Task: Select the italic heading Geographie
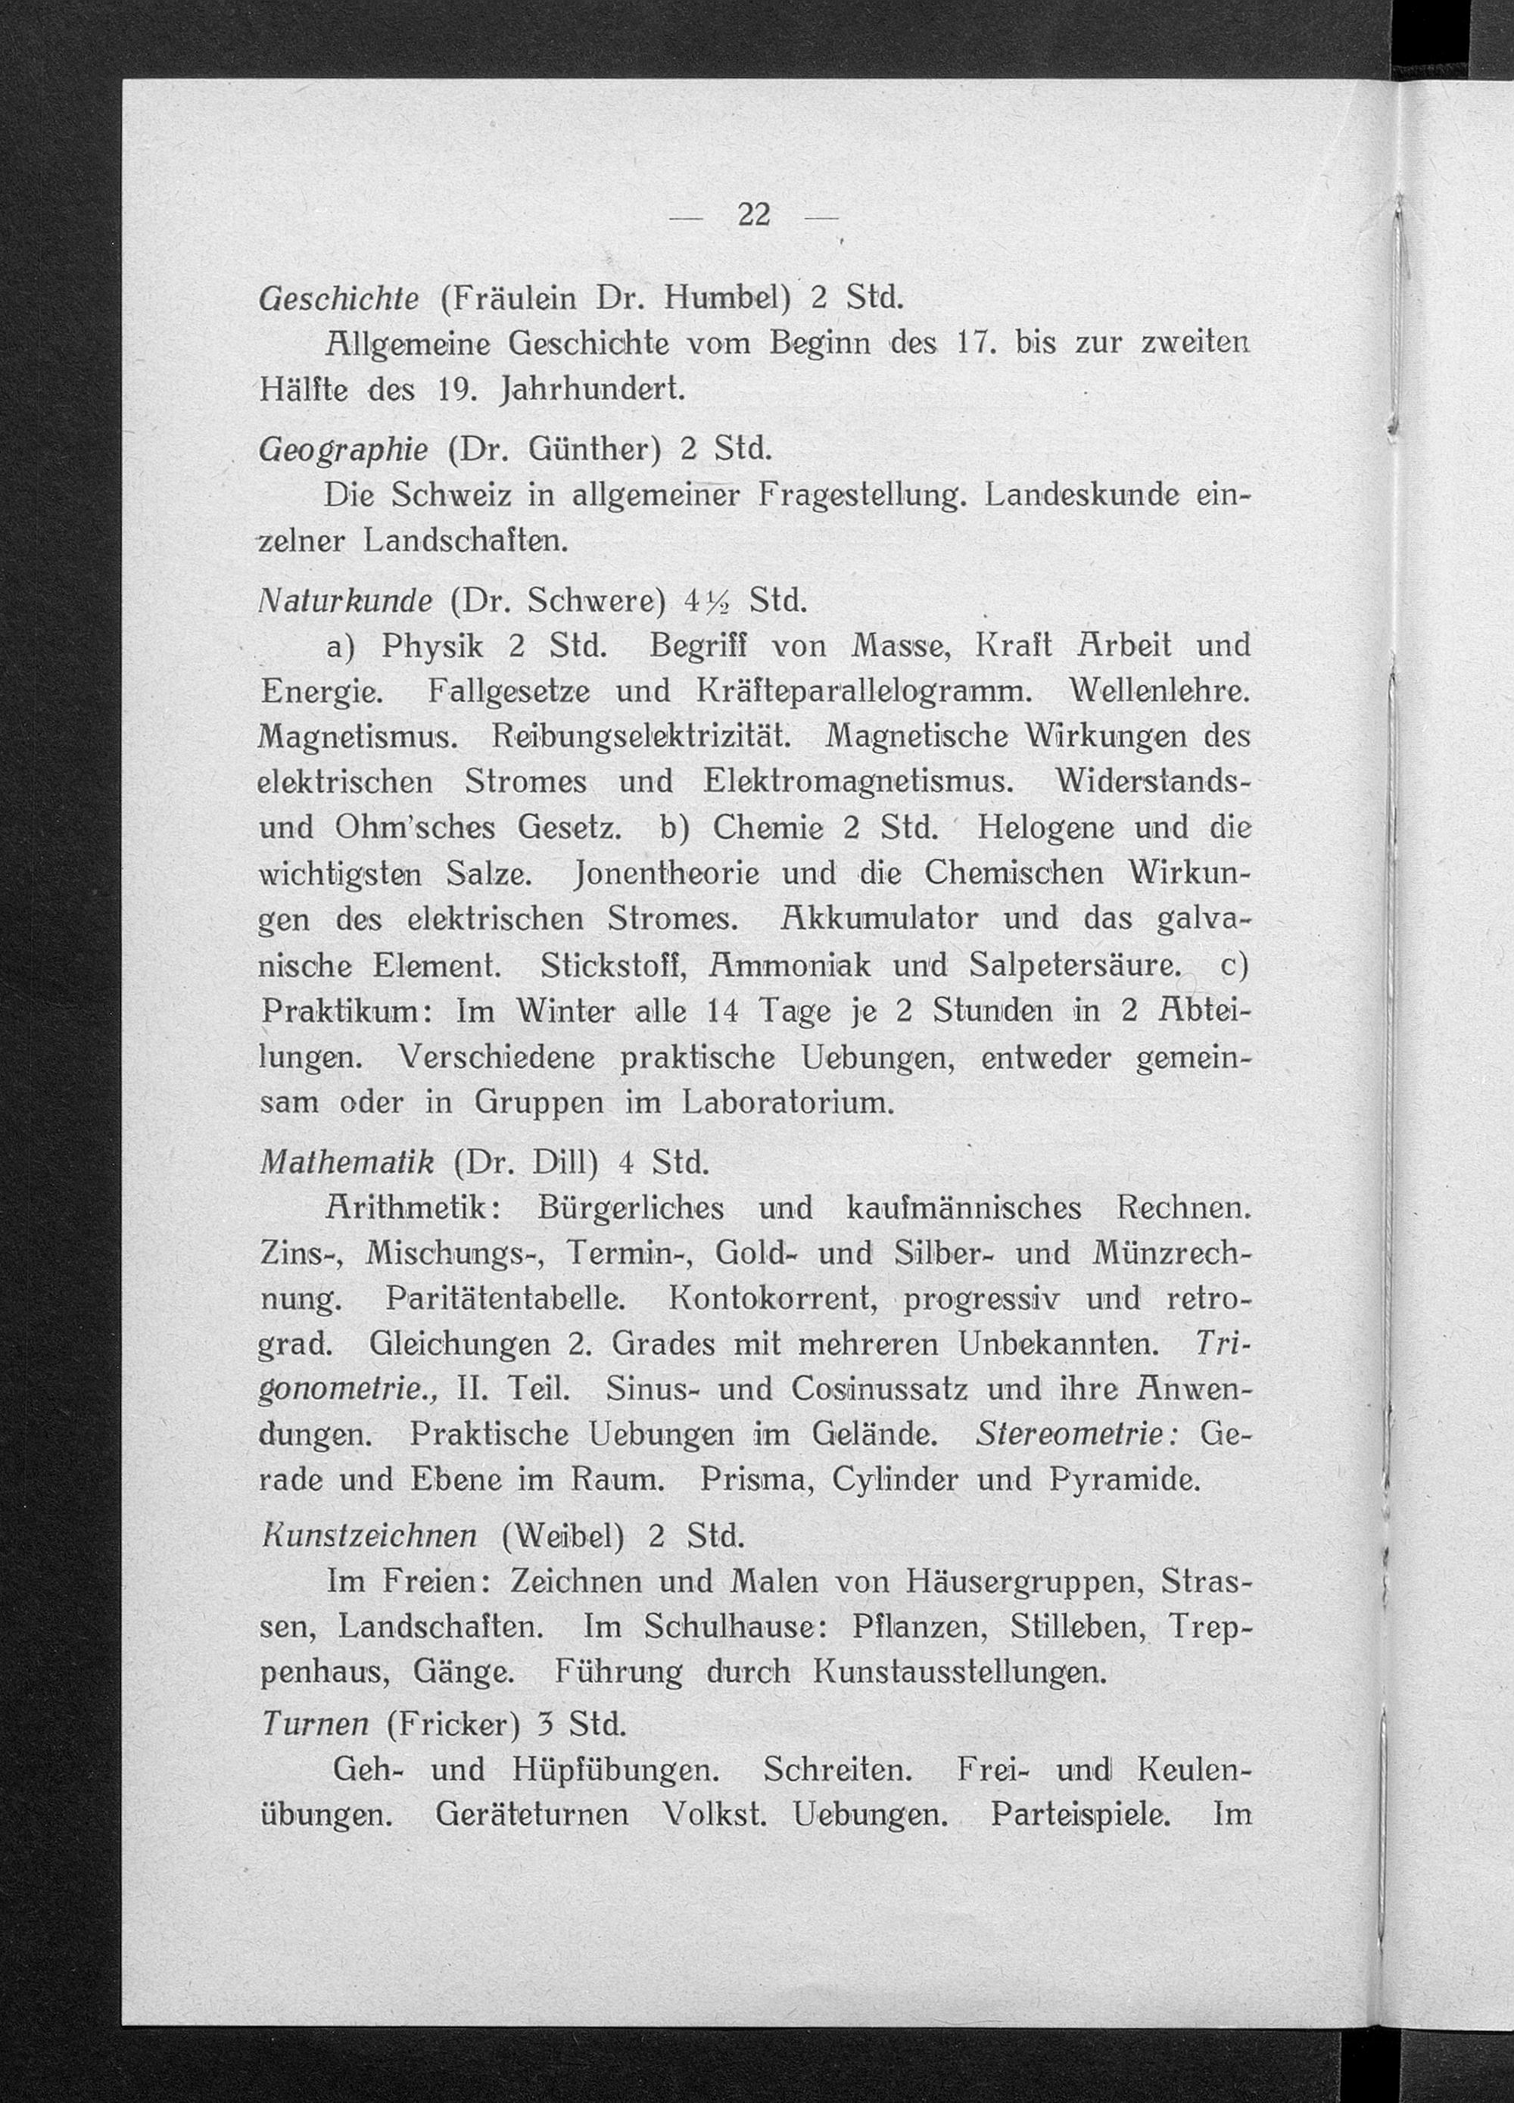coord(343,450)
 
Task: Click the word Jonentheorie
coord(668,874)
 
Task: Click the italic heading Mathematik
coord(347,1162)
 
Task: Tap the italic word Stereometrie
coord(1076,1435)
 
